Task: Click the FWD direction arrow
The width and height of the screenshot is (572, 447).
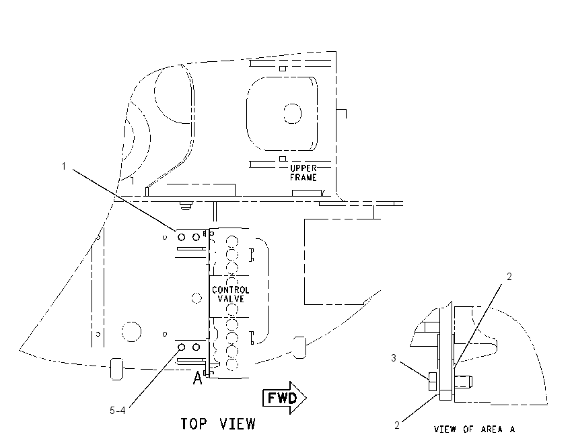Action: click(x=285, y=398)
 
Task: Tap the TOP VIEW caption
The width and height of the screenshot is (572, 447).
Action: click(x=218, y=424)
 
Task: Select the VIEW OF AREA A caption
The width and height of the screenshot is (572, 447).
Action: click(x=474, y=429)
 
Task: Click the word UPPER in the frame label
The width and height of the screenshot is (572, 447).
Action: click(x=303, y=168)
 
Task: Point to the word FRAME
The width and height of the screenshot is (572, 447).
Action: click(x=303, y=178)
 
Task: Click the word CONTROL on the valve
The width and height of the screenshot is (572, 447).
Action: click(x=231, y=290)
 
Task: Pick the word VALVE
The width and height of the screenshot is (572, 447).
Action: click(x=231, y=299)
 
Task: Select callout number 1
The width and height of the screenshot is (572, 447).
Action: click(x=64, y=166)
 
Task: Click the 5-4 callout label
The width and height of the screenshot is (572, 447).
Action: click(x=118, y=411)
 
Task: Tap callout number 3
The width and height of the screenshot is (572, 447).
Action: click(x=394, y=358)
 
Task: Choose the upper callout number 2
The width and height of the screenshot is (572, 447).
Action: click(x=509, y=277)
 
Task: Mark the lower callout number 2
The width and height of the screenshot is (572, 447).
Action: click(x=397, y=425)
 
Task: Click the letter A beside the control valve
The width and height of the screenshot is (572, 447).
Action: click(x=197, y=378)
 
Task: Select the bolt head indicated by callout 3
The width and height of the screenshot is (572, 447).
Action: click(x=433, y=382)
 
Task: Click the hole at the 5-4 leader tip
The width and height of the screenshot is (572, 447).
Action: click(x=181, y=347)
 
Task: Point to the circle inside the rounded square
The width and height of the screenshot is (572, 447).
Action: click(x=292, y=114)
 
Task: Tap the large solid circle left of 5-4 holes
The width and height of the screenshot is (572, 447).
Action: click(x=131, y=332)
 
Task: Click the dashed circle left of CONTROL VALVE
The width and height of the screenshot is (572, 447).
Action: click(x=196, y=298)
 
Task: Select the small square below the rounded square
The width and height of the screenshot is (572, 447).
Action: click(x=283, y=159)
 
